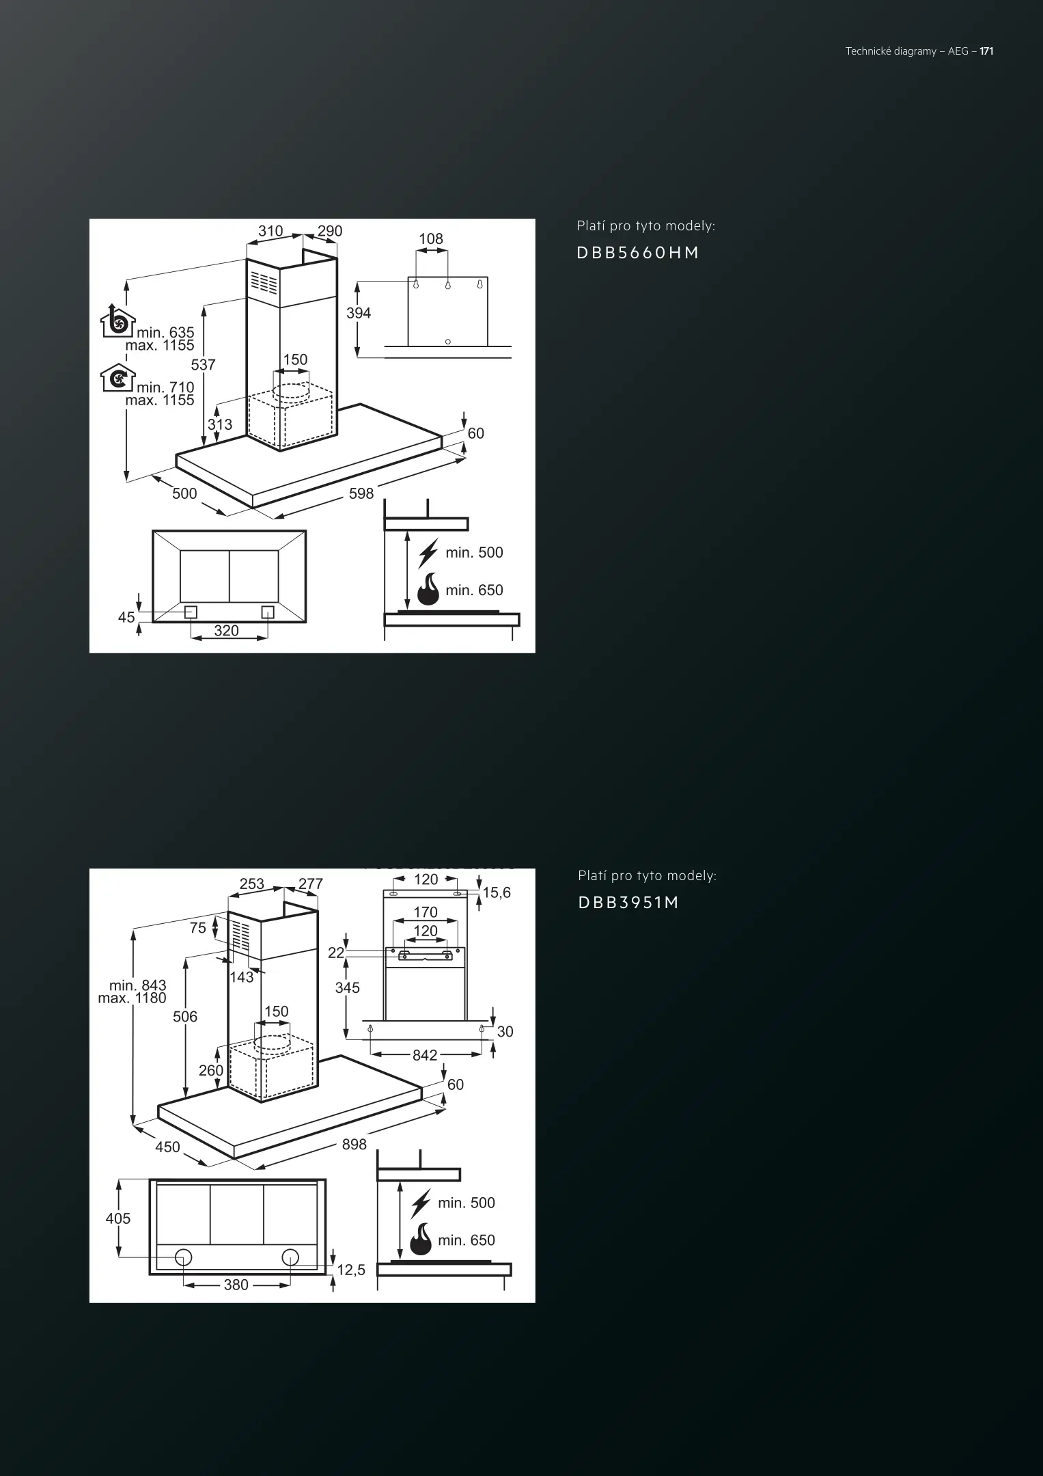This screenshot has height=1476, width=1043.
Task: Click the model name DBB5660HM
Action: point(638,253)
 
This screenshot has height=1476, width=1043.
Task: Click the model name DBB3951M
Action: point(628,903)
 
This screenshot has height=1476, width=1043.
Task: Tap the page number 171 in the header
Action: point(986,51)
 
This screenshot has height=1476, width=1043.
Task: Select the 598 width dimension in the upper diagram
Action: point(361,493)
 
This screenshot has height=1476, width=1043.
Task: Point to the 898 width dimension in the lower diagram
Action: point(354,1144)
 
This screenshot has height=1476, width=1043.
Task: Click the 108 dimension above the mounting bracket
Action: point(431,239)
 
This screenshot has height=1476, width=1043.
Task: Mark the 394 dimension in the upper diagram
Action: point(359,313)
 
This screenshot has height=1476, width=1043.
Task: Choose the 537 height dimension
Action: point(204,365)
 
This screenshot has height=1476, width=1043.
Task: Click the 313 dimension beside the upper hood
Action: point(220,424)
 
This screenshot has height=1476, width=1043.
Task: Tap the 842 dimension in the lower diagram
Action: point(425,1055)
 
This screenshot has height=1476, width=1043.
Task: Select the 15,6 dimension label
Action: point(497,892)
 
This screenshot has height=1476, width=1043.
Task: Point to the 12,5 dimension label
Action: point(352,1270)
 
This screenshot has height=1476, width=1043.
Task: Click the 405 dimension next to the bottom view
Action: point(118,1218)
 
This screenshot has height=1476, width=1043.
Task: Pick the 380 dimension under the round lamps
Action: point(236,1285)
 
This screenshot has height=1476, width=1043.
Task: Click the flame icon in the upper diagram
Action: point(428,589)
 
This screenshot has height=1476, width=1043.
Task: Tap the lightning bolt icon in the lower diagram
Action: point(421,1204)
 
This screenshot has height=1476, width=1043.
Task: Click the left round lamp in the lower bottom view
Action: point(183,1256)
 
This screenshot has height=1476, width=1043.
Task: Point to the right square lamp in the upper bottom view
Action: point(268,612)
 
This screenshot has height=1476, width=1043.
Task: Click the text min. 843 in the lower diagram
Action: point(138,985)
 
